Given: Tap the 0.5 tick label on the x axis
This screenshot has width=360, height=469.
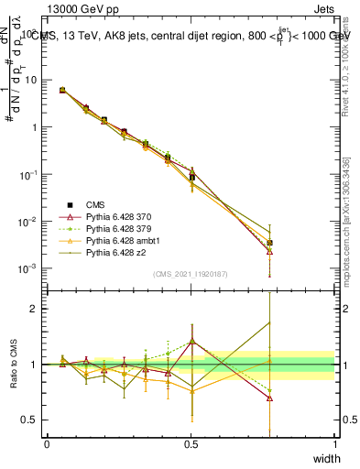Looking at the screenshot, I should coord(191,443).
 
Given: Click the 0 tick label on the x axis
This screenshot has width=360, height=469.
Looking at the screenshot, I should coord(47,443).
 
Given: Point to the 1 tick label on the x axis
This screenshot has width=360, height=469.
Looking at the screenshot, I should coord(334,443).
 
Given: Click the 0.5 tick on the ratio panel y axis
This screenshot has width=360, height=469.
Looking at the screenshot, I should coord(32,420).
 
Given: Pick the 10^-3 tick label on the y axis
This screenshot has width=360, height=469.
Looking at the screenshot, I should coord(30,268).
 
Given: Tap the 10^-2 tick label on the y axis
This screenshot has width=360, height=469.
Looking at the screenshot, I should coord(30,222).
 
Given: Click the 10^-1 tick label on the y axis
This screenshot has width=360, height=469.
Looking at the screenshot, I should coord(30,174).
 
